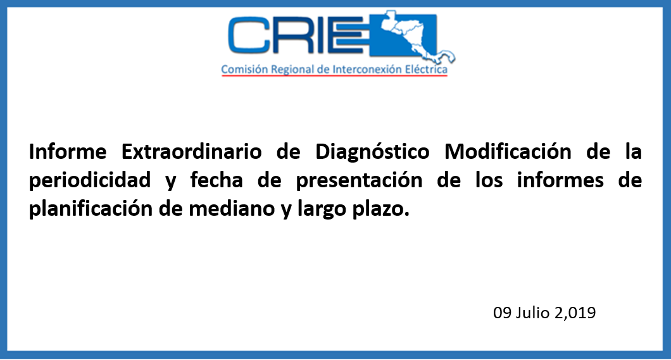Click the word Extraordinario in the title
[191, 152]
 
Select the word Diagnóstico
[372, 152]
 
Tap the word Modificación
[508, 152]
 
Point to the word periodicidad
[90, 180]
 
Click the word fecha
[216, 180]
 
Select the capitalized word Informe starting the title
[68, 152]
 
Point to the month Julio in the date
[532, 313]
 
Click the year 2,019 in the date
[575, 313]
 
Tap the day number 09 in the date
[503, 313]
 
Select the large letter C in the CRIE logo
[248, 35]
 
